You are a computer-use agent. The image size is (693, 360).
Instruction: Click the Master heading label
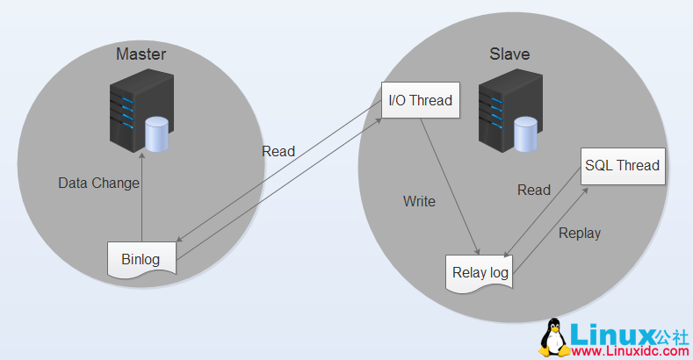click(x=141, y=55)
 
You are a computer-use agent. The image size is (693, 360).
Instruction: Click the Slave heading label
click(x=509, y=54)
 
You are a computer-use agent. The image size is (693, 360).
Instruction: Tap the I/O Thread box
click(x=420, y=100)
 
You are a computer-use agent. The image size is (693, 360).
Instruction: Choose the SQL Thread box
click(x=623, y=165)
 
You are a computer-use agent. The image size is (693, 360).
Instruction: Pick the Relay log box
click(x=480, y=273)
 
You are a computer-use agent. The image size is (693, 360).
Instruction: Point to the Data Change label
click(x=98, y=184)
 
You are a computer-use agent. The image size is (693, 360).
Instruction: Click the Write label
click(x=419, y=201)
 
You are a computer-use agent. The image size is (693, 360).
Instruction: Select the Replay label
click(x=580, y=233)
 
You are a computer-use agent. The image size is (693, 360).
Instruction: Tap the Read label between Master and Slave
click(x=278, y=151)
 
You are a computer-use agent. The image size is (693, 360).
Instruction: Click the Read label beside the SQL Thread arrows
click(x=534, y=190)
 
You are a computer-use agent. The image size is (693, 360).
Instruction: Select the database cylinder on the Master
click(x=157, y=134)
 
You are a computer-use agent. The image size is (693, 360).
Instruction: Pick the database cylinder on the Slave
click(x=525, y=134)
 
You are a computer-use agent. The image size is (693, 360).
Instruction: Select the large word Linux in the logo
click(x=611, y=333)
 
